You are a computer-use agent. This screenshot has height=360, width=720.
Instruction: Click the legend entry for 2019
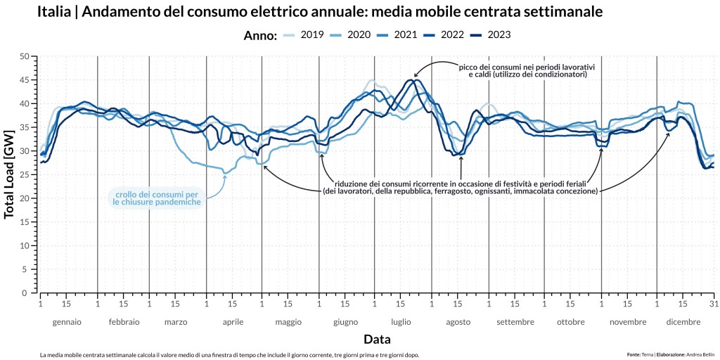[x=311, y=35]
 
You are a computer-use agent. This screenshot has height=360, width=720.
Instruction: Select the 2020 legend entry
[x=358, y=35]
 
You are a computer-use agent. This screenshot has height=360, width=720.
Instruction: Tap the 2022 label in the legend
[x=451, y=35]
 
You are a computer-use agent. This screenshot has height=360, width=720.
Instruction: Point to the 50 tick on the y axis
[x=25, y=56]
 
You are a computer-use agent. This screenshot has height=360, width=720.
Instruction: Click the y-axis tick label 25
[x=25, y=174]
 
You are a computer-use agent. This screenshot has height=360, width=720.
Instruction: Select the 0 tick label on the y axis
[x=27, y=292]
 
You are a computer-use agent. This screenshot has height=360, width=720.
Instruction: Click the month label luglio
[x=401, y=322]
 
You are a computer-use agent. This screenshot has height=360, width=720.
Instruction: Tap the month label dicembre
[x=683, y=322]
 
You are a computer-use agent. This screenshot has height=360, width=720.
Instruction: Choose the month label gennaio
[x=67, y=322]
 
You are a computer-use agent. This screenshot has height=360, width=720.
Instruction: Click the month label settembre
[x=515, y=322]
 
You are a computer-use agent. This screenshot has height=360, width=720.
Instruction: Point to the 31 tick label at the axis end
[x=714, y=304]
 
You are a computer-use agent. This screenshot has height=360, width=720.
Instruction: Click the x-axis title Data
[x=376, y=340]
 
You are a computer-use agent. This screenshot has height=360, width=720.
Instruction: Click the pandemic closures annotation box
[x=157, y=198]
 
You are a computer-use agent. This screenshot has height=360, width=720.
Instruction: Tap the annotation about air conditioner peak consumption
[x=527, y=70]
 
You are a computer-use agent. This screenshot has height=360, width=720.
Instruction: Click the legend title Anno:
[x=260, y=36]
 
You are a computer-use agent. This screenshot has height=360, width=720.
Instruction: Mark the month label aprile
[x=233, y=322]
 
